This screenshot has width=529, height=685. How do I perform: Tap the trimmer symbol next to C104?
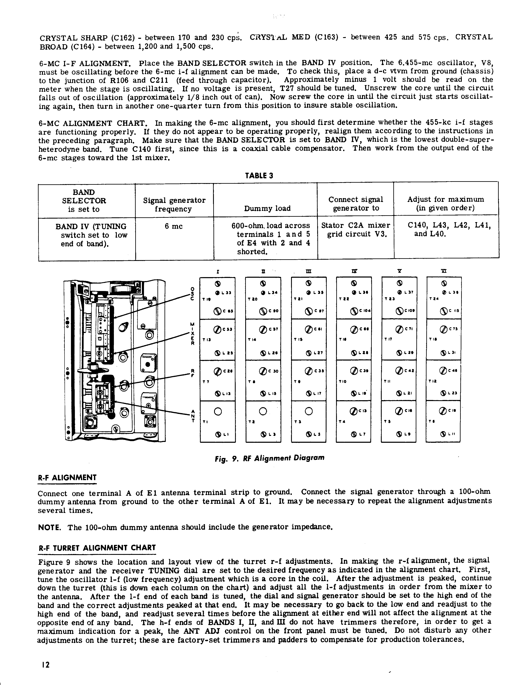(355, 311)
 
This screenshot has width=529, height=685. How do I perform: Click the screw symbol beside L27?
(308, 353)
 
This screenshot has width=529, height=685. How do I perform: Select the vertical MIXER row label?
(193, 333)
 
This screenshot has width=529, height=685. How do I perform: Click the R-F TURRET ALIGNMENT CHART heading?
(97, 548)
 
